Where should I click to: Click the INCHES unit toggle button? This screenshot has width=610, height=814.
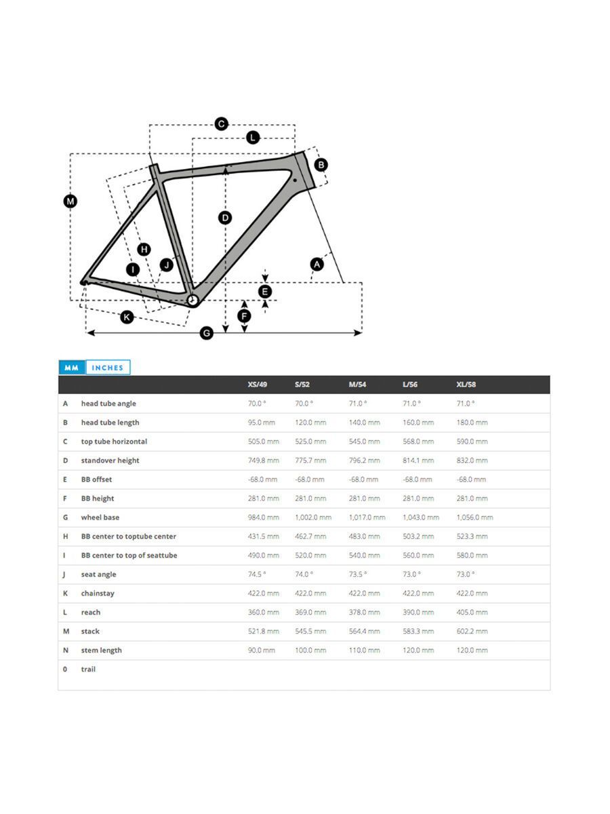(x=108, y=367)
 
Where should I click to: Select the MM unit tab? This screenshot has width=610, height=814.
(x=72, y=367)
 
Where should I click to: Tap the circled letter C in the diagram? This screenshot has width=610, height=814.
(x=222, y=123)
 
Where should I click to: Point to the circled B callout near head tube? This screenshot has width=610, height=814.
(x=321, y=165)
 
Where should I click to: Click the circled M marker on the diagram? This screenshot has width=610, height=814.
(x=70, y=201)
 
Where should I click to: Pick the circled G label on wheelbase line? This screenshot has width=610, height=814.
(x=206, y=332)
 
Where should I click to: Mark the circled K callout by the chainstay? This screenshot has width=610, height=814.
(x=127, y=317)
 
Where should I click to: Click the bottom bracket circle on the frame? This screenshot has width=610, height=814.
(x=192, y=300)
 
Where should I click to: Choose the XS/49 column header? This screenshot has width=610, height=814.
(x=258, y=384)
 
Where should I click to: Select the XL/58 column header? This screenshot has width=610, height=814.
(x=466, y=384)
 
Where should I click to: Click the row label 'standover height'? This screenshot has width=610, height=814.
(x=110, y=460)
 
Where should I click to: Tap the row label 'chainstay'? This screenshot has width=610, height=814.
(x=98, y=593)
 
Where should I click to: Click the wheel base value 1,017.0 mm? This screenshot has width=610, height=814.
(x=367, y=517)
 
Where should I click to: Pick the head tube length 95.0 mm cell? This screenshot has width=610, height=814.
(x=262, y=422)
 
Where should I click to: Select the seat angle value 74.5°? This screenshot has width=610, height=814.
(x=257, y=574)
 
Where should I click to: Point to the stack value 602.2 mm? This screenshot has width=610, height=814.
(x=472, y=631)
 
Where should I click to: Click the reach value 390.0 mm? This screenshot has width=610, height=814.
(x=418, y=612)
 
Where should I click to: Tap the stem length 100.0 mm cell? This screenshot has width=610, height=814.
(x=310, y=650)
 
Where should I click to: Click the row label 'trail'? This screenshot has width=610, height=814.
(x=88, y=669)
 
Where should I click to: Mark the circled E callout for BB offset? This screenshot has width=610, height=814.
(x=265, y=292)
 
